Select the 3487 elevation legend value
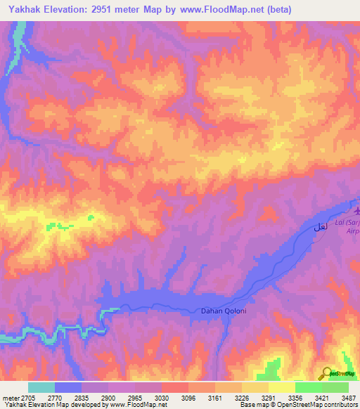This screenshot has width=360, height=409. coord(348,397)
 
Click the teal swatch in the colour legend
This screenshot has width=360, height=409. coord(41,387)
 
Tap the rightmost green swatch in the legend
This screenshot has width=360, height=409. coord(335,387)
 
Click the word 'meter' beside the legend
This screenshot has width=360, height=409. coord(10,397)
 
